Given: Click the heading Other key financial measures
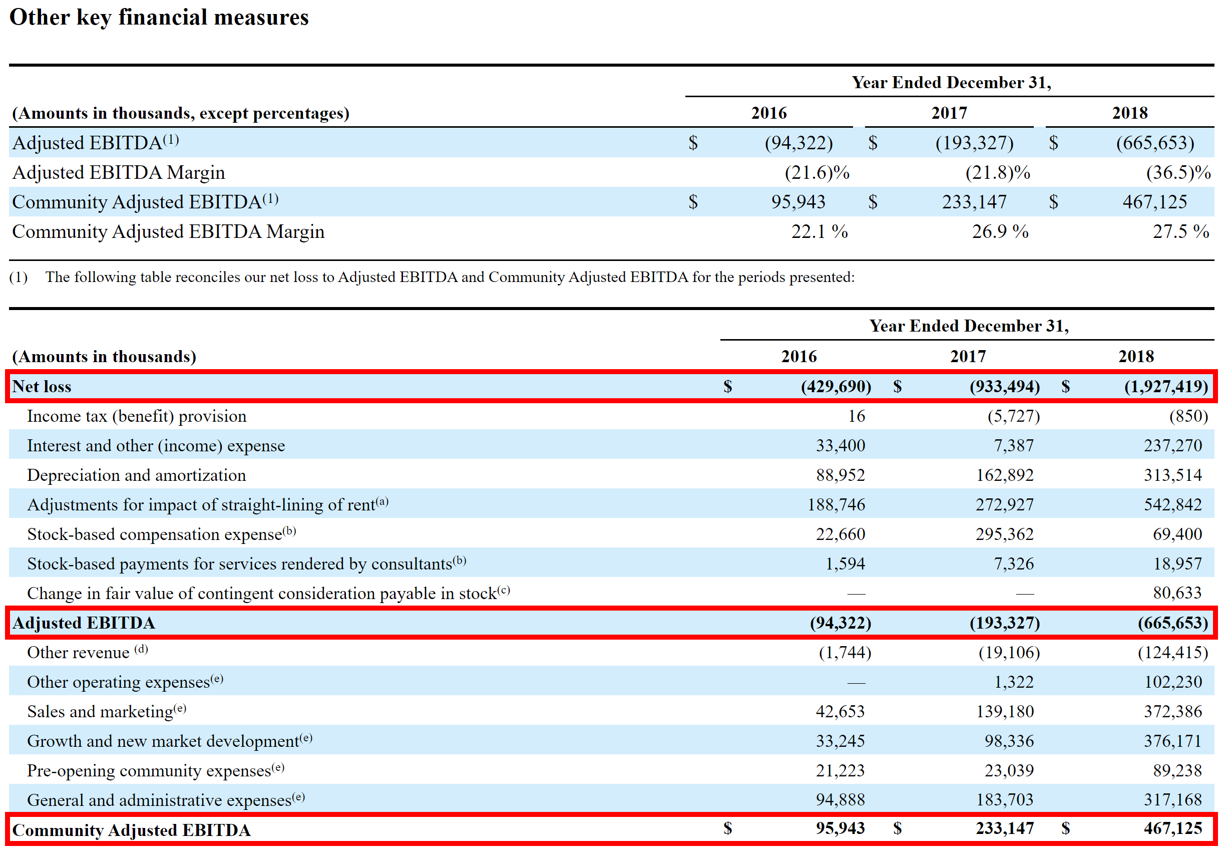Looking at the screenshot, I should (x=159, y=17).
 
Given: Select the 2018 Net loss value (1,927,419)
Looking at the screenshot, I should (x=1165, y=386).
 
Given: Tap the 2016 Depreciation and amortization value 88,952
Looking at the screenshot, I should (x=840, y=475).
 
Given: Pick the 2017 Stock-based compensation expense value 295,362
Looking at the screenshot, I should (x=1004, y=534).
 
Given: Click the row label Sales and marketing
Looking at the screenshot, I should (x=100, y=711).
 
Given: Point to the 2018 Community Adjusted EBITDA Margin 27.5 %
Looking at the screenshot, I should (x=1180, y=231).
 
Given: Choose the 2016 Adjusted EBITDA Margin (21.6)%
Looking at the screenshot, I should (x=817, y=172).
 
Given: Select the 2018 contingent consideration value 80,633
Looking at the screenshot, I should (x=1176, y=593).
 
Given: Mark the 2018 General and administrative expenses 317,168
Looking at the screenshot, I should (x=1172, y=799).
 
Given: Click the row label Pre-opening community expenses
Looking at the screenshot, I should (x=149, y=770).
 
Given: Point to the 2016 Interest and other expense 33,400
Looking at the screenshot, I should (x=840, y=445).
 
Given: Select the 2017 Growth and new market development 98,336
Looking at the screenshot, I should (x=1008, y=741).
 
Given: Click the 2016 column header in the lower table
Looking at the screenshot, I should (x=798, y=356).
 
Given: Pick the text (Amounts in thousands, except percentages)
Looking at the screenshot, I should (x=181, y=113).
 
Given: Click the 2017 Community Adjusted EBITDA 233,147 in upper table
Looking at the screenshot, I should (x=974, y=202).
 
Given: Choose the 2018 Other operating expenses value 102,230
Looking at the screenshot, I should (x=1172, y=682).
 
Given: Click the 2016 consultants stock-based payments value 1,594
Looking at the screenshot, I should (x=845, y=563).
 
